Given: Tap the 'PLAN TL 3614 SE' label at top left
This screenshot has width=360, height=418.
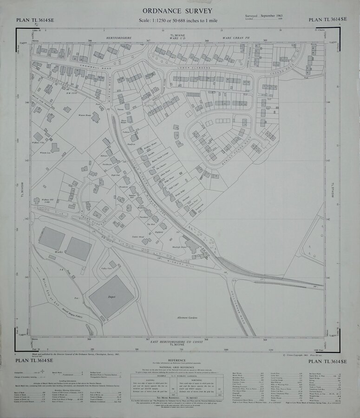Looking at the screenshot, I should pyautogui.click(x=35, y=20).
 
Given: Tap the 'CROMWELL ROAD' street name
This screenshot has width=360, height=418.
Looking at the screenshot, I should pyautogui.click(x=84, y=68).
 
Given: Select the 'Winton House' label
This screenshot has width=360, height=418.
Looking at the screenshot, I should pyautogui.click(x=84, y=114).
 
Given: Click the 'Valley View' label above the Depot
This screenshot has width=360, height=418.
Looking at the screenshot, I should pyautogui.click(x=107, y=268).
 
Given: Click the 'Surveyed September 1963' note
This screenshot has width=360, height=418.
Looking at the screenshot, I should pyautogui.click(x=266, y=16).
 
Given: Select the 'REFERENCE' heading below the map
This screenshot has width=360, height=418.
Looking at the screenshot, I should pyautogui.click(x=177, y=360).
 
